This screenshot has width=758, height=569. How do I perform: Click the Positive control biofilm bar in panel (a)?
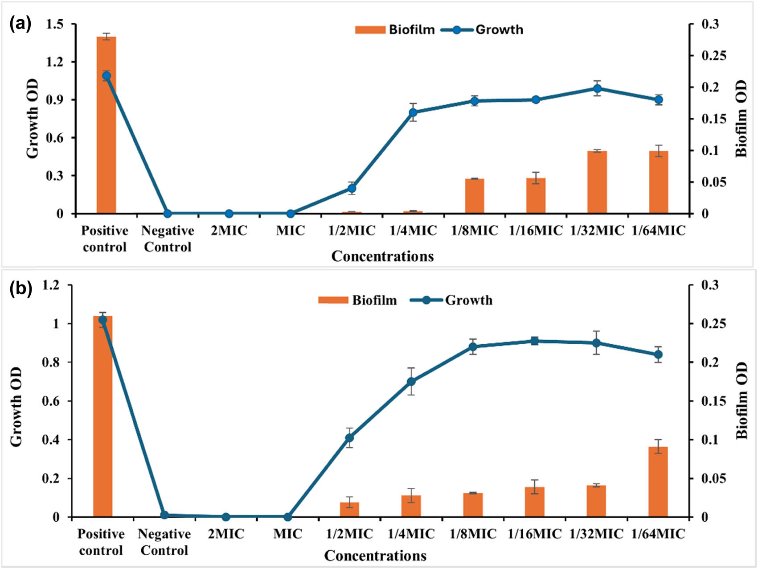point(106,125)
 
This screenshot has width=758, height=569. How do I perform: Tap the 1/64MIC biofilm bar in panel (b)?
point(658,482)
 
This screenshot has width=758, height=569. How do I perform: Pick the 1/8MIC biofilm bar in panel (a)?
point(475,196)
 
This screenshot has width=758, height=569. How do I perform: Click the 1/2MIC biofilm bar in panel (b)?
point(349,509)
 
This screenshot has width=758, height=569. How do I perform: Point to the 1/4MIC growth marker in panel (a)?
point(413,112)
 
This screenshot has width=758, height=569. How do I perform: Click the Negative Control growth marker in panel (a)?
point(168,214)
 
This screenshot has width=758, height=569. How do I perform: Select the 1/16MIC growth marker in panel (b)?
point(535,341)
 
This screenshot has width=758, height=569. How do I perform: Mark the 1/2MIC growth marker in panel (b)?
point(349,438)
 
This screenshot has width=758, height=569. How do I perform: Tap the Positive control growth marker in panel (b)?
point(102,320)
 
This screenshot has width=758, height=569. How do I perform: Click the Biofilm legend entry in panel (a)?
point(395,30)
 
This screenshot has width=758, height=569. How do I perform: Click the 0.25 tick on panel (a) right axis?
point(713,56)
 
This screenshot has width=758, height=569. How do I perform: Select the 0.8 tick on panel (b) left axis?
point(53,362)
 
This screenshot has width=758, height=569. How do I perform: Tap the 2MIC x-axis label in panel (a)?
point(229,231)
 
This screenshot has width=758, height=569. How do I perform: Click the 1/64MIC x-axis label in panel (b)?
point(658,534)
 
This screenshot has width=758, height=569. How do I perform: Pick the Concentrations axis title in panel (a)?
point(382,256)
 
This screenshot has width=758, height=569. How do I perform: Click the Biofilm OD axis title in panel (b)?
point(741,400)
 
